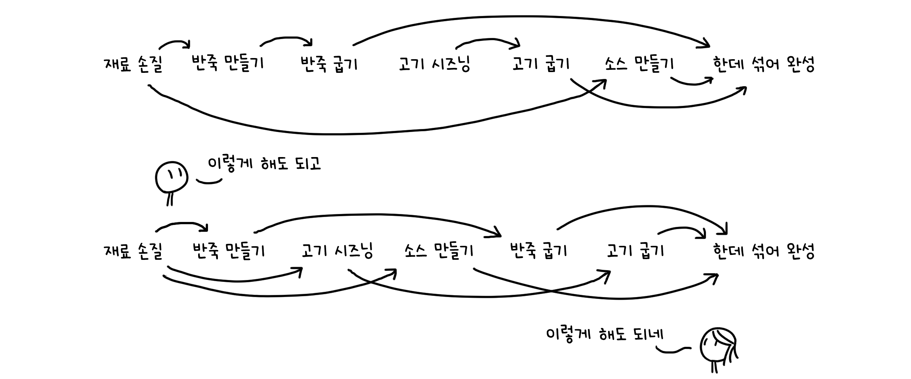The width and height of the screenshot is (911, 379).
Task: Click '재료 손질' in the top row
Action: [133, 64]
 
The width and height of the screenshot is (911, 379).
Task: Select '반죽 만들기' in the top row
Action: [227, 63]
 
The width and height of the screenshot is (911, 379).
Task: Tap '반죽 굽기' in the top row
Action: [329, 64]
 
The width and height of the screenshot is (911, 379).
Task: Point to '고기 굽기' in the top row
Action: [541, 64]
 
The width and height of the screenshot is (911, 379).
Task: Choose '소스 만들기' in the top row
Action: [639, 64]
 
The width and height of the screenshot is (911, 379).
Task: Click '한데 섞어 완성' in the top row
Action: [764, 64]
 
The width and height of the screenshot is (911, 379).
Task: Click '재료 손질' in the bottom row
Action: [133, 251]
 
